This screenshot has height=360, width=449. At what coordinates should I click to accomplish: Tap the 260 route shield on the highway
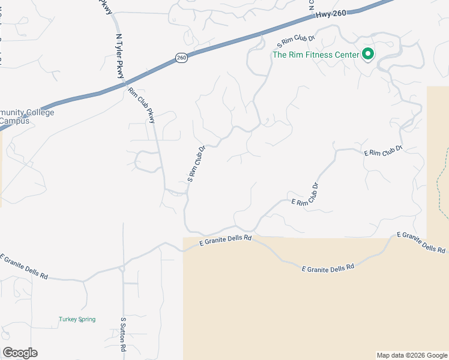(x=182, y=57)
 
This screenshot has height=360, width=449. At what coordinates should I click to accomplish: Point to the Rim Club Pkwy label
(x=142, y=106)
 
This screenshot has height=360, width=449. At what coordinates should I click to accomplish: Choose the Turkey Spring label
(x=77, y=319)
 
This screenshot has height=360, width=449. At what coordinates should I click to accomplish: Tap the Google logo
(x=20, y=353)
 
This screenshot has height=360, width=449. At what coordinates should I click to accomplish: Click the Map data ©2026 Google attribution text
(x=412, y=355)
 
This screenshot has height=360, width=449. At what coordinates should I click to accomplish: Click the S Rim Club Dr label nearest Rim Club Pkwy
(x=196, y=163)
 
